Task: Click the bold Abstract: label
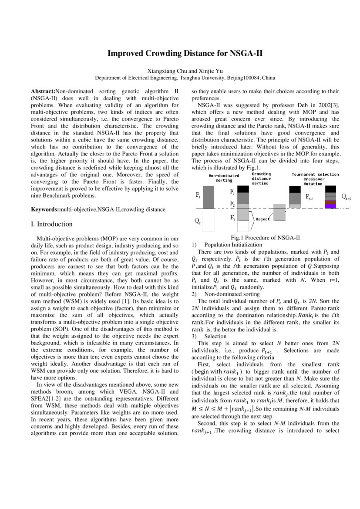[44, 91]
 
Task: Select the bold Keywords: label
[45, 209]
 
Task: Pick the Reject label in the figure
[263, 219]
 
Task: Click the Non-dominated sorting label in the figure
[224, 178]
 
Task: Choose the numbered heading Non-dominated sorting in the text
[225, 294]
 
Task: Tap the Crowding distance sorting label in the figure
[261, 178]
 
